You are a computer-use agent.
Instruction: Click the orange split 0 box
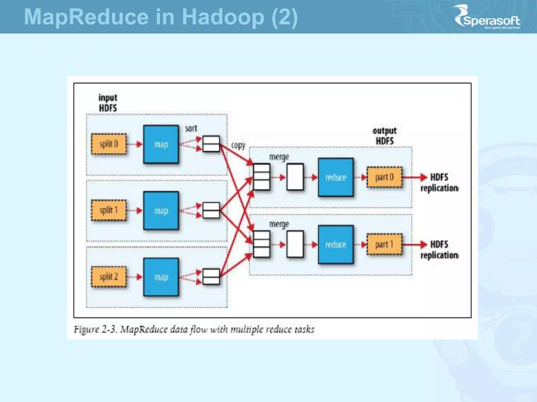pyautogui.click(x=109, y=144)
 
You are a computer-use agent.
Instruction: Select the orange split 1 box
pyautogui.click(x=109, y=210)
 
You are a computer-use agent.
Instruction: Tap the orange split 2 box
pyautogui.click(x=109, y=277)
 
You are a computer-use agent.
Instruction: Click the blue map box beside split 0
pyautogui.click(x=161, y=144)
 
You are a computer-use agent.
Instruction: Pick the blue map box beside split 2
pyautogui.click(x=161, y=277)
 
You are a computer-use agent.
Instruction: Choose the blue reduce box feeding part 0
pyautogui.click(x=336, y=177)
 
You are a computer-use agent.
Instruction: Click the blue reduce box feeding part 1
pyautogui.click(x=336, y=245)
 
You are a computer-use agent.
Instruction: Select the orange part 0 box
pyautogui.click(x=384, y=177)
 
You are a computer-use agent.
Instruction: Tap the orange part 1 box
pyautogui.click(x=384, y=245)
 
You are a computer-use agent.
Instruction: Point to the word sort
pyautogui.click(x=191, y=129)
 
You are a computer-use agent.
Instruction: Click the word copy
pyautogui.click(x=238, y=146)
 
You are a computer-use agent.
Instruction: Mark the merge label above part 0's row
pyautogui.click(x=279, y=157)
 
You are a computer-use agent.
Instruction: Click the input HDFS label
pyautogui.click(x=108, y=103)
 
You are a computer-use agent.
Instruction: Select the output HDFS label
pyautogui.click(x=385, y=136)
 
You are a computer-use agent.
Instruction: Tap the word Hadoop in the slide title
pyautogui.click(x=223, y=17)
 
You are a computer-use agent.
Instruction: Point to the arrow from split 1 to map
pyautogui.click(x=135, y=210)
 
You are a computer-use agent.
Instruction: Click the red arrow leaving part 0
pyautogui.click(x=414, y=177)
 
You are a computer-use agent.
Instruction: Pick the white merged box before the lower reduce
pyautogui.click(x=295, y=244)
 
